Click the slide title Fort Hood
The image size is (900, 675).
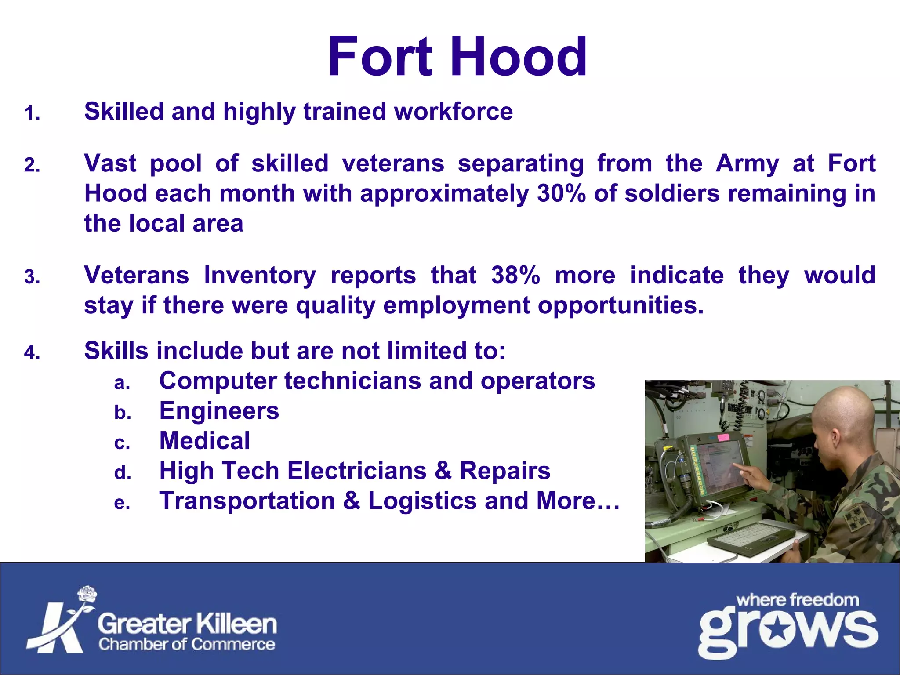click(457, 57)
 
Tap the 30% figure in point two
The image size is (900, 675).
click(561, 194)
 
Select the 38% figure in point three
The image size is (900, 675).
click(515, 276)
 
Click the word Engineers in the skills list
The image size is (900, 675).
click(219, 411)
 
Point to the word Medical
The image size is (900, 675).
click(204, 441)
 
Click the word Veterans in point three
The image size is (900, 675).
click(137, 276)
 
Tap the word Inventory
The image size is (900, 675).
click(260, 276)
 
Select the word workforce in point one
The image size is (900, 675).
click(453, 111)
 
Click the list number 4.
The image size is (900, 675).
click(32, 352)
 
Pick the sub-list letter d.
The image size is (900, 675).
click(123, 473)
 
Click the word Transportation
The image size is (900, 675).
click(247, 501)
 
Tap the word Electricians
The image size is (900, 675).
click(357, 471)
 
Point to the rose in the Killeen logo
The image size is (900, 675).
click(87, 595)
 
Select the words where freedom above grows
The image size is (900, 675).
click(797, 600)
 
